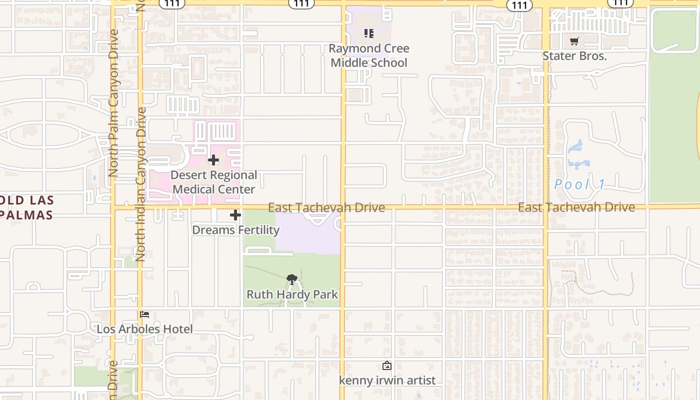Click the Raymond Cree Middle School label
tap(369, 55)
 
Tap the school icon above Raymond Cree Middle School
tap(369, 33)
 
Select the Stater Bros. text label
tap(574, 56)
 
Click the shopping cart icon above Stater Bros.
tap(574, 41)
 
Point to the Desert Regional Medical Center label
tap(213, 182)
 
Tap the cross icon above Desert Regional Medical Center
tap(213, 160)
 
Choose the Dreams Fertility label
tap(235, 230)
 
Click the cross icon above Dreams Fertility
tap(235, 215)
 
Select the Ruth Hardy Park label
tap(292, 294)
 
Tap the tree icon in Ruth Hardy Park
tap(292, 279)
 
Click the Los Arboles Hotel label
tap(144, 329)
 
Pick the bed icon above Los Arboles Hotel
tap(144, 314)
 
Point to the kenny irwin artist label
tap(387, 380)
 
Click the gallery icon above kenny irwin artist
tap(387, 365)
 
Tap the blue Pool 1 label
tap(579, 184)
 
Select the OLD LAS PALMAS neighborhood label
tap(26, 207)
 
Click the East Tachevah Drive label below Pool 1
tap(576, 207)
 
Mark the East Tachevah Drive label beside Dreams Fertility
tap(326, 207)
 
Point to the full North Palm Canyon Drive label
tap(113, 102)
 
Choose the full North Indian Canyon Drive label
tap(140, 184)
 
